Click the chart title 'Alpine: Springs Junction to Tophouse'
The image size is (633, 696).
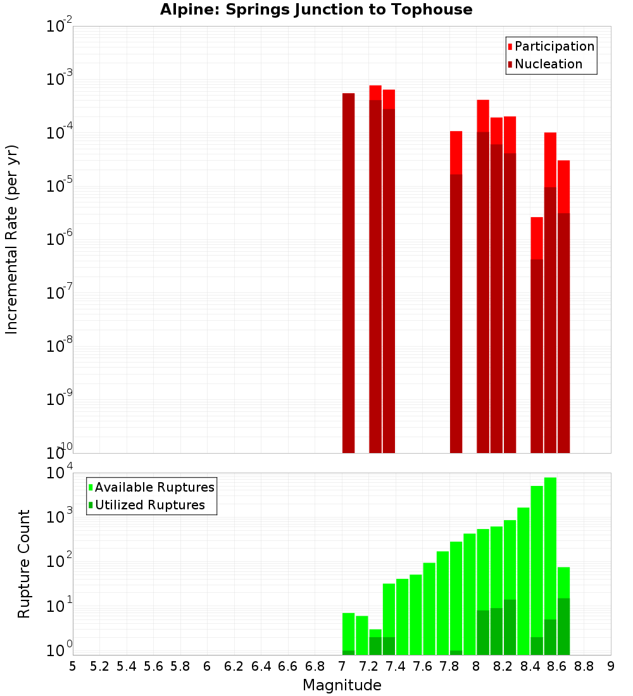(316, 9)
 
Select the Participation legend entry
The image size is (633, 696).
(551, 46)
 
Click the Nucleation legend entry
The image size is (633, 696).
(544, 64)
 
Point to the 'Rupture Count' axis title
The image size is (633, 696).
(24, 563)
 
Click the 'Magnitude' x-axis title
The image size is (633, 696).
(342, 685)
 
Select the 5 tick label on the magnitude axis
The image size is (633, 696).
(73, 666)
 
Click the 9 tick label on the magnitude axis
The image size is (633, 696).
(611, 666)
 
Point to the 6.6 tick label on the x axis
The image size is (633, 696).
(288, 666)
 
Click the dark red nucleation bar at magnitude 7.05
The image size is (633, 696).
(348, 272)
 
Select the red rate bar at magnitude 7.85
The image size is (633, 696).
(456, 152)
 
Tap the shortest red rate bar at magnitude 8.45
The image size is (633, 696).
(537, 237)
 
